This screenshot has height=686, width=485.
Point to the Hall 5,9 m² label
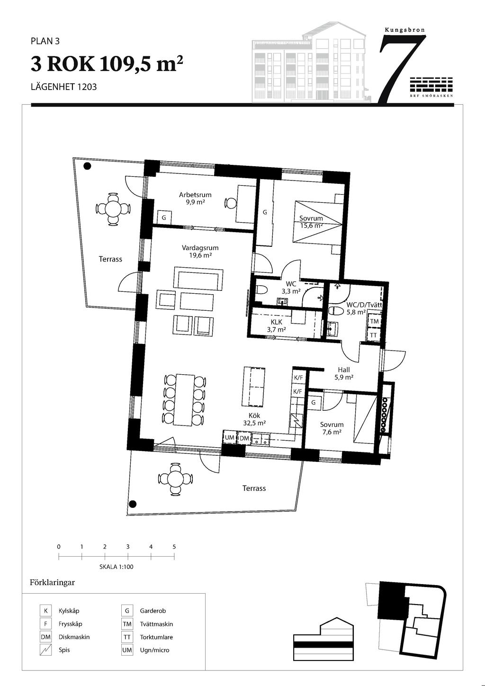(344, 373)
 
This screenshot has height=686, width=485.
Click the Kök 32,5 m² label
(254, 419)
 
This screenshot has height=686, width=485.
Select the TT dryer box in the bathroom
(374, 335)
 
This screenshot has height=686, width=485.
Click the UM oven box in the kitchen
(230, 438)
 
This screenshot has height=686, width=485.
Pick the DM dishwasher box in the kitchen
(244, 438)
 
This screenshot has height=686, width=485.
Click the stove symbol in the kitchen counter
(296, 421)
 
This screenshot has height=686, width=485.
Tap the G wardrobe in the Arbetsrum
(164, 218)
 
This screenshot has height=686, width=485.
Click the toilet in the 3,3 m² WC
(261, 289)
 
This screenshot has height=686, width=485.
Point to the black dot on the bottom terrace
(133, 504)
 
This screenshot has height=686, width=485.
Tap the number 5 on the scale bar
(174, 547)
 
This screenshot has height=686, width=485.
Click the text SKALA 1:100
(117, 567)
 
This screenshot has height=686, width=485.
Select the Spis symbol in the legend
(45, 650)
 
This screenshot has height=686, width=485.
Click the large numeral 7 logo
(402, 69)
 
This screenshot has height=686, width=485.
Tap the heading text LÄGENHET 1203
(63, 87)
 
